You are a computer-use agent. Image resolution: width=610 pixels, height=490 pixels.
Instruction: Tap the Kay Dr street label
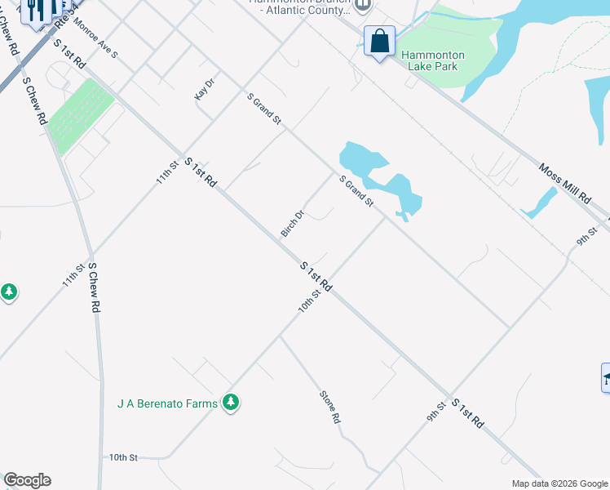(204, 89)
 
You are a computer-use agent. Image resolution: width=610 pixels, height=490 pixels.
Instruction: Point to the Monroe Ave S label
(95, 38)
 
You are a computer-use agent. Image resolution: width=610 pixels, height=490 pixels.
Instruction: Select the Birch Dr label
(293, 224)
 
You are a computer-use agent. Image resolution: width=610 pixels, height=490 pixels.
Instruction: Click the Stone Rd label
(329, 407)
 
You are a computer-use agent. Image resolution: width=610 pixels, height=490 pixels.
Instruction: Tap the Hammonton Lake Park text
(433, 60)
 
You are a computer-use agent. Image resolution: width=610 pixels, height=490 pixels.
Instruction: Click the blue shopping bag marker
(380, 41)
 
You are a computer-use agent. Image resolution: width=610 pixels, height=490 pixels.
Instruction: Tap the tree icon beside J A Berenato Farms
(232, 402)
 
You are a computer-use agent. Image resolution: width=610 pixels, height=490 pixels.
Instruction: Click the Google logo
(27, 480)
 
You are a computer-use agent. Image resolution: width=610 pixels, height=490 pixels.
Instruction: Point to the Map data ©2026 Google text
(559, 483)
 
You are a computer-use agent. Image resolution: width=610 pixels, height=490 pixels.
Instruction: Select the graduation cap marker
(606, 377)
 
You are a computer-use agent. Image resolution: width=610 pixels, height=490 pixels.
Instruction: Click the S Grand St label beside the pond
(356, 190)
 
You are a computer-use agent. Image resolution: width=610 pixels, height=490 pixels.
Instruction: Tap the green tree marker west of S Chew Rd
(9, 292)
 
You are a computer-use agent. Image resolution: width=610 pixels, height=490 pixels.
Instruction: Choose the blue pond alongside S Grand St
(380, 178)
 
